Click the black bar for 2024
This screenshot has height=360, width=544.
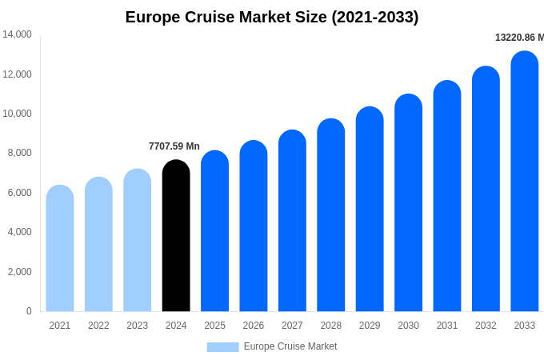[176, 236]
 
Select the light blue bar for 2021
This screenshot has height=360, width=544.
[60, 248]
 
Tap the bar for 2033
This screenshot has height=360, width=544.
[525, 182]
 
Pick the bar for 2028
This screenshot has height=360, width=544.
[331, 215]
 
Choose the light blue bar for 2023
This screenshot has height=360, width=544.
[138, 240]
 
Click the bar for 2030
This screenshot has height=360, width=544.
[408, 203]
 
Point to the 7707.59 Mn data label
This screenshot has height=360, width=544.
[174, 146]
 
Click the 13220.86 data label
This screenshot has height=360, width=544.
[518, 38]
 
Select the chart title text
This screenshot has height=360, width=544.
[272, 17]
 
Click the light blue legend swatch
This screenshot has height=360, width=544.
[222, 346]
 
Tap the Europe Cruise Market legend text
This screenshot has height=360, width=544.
[290, 346]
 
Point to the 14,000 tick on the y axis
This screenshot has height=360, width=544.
[17, 34]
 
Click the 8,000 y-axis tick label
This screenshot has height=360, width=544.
[19, 153]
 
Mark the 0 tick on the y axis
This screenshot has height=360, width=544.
[29, 311]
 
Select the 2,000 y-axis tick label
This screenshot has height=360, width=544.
[19, 272]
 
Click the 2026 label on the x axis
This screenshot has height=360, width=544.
[254, 326]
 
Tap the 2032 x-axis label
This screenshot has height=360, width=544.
[486, 326]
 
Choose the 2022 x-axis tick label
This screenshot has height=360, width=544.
[98, 326]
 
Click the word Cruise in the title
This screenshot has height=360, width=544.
[212, 17]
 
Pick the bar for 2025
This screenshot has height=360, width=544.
[214, 231]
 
